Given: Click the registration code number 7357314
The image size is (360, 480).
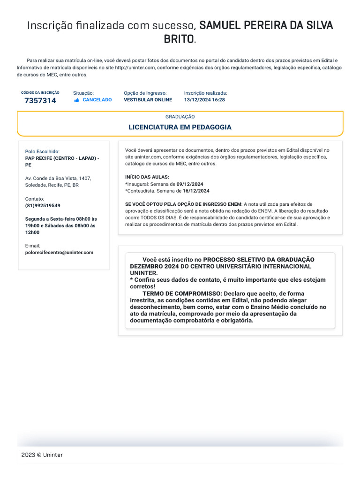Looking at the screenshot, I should tap(40, 101).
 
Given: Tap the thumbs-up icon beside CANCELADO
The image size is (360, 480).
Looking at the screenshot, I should tap(77, 100).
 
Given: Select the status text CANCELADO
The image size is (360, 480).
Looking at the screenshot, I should tap(97, 100).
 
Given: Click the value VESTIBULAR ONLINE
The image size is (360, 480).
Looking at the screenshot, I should tap(148, 100).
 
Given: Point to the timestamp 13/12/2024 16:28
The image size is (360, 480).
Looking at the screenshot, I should tap(204, 100).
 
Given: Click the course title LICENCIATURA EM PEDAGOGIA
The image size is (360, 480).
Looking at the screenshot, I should tap(180, 127).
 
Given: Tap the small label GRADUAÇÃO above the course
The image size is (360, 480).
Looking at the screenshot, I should tap(180, 117).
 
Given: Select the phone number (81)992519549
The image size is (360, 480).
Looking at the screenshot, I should tap(43, 206).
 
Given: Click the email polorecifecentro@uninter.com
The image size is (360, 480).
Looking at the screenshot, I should tap(59, 253).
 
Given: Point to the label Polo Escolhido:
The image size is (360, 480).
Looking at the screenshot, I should tap(42, 152).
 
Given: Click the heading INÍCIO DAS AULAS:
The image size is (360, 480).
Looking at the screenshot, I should tap(147, 177).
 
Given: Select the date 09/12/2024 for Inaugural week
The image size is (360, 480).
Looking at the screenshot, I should tap(190, 184).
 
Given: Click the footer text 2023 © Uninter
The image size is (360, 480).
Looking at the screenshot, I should tap(42, 455).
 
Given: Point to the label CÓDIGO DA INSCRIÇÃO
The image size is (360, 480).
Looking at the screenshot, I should tap(40, 93).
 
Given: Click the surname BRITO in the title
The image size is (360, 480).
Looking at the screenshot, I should tap(178, 39).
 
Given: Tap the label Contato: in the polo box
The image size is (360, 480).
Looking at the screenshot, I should tap(35, 199).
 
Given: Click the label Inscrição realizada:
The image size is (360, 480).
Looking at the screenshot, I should tap(205, 93).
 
